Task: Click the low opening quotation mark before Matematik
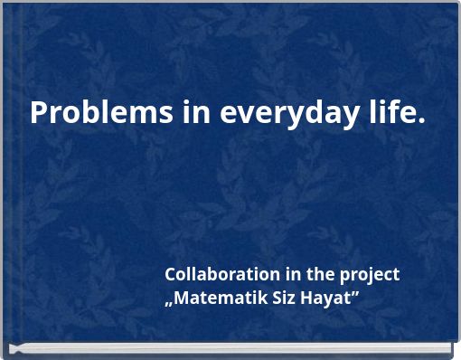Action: pyautogui.click(x=168, y=303)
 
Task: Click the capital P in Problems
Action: pyautogui.click(x=39, y=114)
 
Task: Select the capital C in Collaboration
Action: pyautogui.click(x=170, y=274)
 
